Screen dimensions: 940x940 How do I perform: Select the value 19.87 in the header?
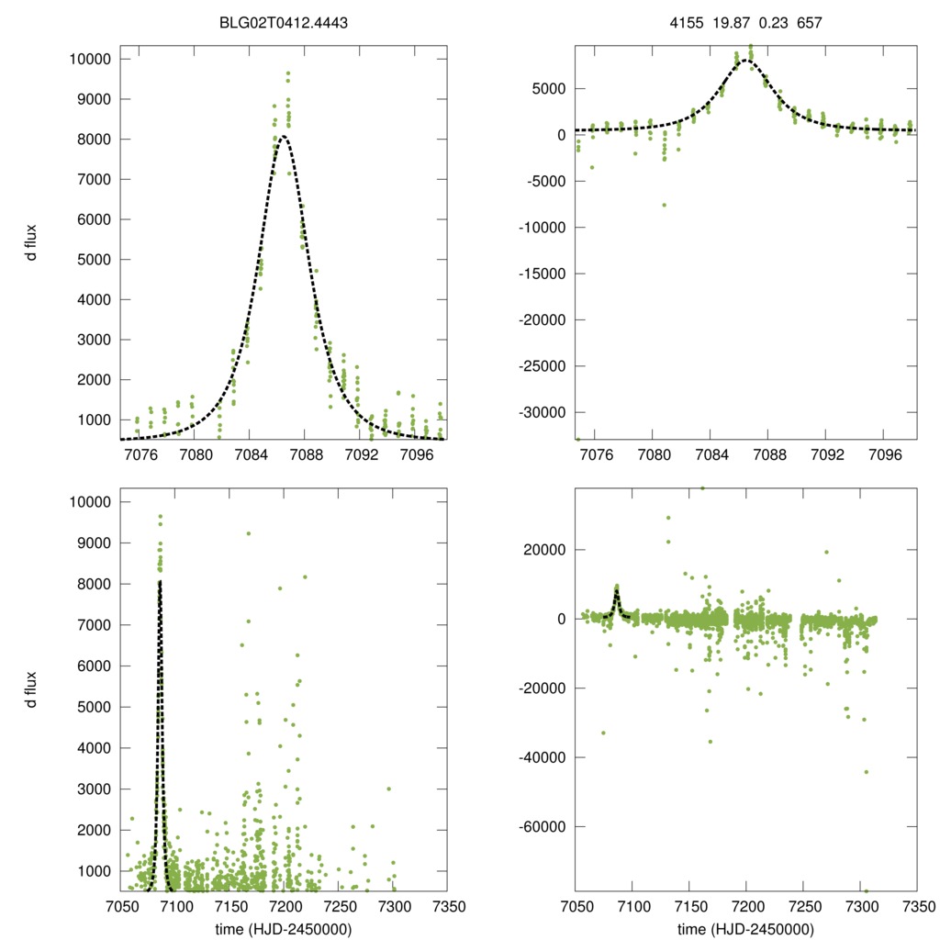[733, 20]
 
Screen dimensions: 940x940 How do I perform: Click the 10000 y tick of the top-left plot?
[89, 59]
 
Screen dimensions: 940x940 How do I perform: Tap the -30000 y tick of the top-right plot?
[542, 412]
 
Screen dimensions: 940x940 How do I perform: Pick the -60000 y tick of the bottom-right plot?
[542, 826]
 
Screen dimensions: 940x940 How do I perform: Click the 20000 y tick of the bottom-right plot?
[545, 549]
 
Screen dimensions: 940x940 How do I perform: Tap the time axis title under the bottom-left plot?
[283, 928]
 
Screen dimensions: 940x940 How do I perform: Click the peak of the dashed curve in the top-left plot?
[284, 137]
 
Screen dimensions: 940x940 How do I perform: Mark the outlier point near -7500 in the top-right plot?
[664, 205]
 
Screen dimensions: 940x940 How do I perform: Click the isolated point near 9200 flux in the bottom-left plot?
[248, 533]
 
